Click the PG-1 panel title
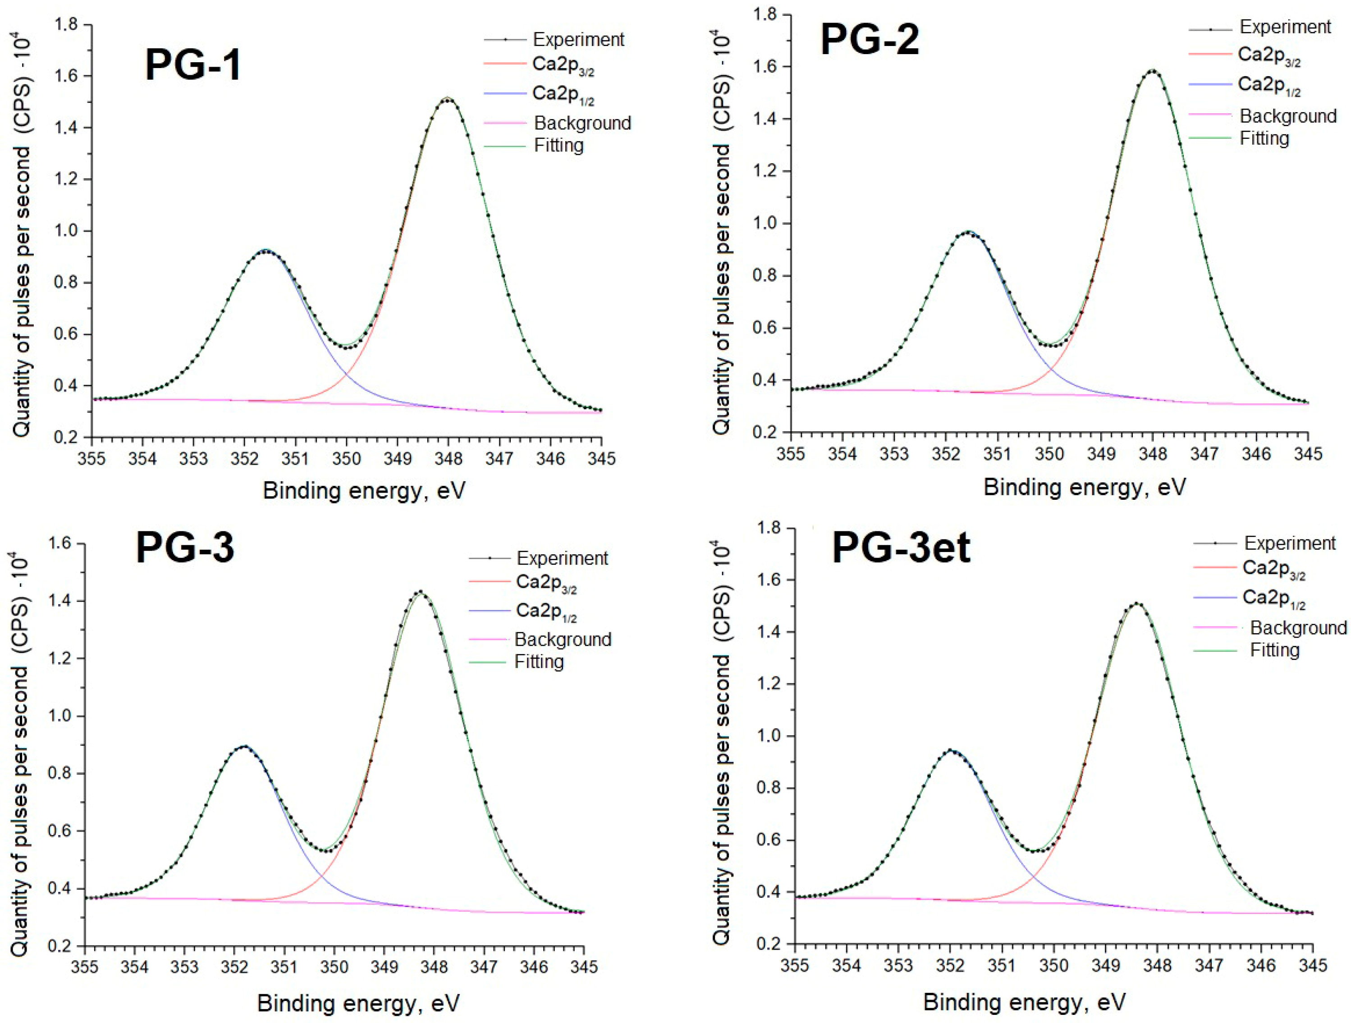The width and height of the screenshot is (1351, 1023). click(193, 65)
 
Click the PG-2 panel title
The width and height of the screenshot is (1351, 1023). click(870, 40)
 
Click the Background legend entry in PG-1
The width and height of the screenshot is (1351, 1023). click(582, 123)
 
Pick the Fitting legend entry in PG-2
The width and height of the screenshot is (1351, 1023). click(1264, 139)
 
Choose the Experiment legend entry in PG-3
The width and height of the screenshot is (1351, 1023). click(562, 558)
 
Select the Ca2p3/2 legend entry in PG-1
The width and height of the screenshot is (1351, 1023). click(563, 66)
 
